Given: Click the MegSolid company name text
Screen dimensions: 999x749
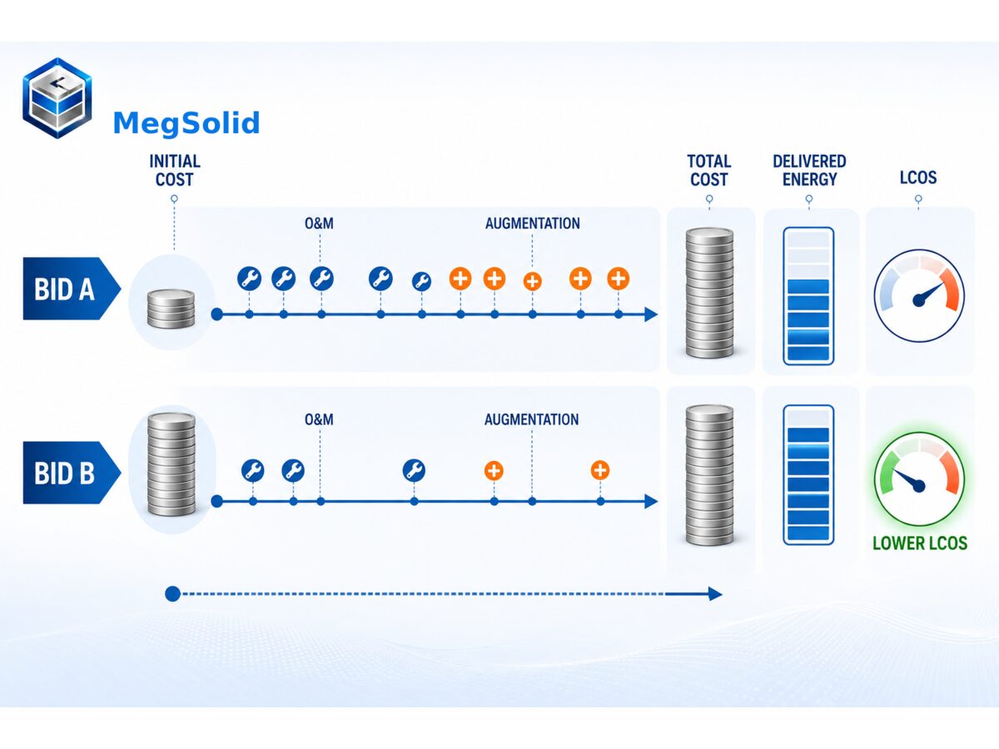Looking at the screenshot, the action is (x=186, y=124).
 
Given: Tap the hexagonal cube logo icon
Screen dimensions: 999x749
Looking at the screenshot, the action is (x=57, y=97).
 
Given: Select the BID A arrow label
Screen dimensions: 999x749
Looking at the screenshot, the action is (x=72, y=289).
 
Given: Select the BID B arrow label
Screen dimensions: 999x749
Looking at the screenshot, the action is (x=72, y=473).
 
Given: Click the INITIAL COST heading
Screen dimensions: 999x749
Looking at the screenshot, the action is (x=175, y=171).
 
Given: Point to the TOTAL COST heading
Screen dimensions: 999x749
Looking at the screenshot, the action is (x=709, y=171).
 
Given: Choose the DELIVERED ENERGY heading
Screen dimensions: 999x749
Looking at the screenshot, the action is (x=809, y=171).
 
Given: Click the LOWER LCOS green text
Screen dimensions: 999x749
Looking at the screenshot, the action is (x=920, y=543).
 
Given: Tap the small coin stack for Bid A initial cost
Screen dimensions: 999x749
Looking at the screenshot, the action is (x=171, y=309).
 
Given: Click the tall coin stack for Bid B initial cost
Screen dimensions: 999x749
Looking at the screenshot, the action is (x=171, y=464).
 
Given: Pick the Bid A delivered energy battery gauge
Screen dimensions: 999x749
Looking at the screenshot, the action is (x=808, y=296).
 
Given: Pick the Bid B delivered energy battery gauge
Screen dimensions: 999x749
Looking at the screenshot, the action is (x=808, y=474).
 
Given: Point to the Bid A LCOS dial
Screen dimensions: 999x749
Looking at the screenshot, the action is (x=919, y=295).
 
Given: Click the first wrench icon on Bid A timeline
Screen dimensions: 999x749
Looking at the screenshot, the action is (x=249, y=278).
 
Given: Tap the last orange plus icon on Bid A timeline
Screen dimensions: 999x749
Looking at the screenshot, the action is (x=618, y=278).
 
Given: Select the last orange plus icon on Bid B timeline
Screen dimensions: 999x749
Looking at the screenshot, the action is (x=600, y=470).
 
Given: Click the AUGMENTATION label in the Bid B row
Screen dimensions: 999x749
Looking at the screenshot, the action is (x=532, y=419).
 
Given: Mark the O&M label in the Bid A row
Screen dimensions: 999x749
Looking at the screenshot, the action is (x=319, y=223).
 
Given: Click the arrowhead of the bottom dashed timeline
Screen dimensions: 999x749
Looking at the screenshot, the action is (x=715, y=594).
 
